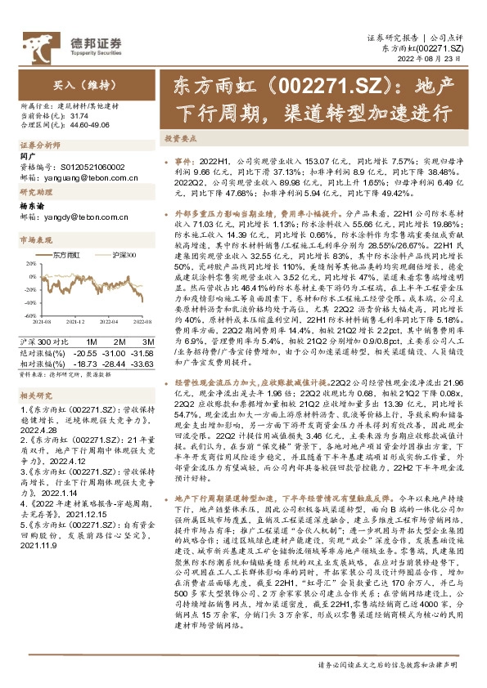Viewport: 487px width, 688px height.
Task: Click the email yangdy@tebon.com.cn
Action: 68,217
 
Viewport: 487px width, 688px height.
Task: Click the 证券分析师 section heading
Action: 38,145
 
